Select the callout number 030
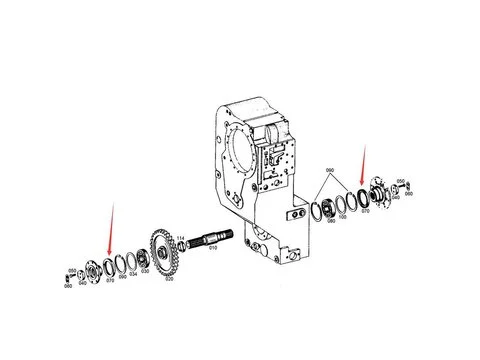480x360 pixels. point(147,273)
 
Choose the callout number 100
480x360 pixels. point(343,216)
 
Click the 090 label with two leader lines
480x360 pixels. point(332,171)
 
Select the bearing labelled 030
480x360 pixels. point(142,259)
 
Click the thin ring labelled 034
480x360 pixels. point(128,261)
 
